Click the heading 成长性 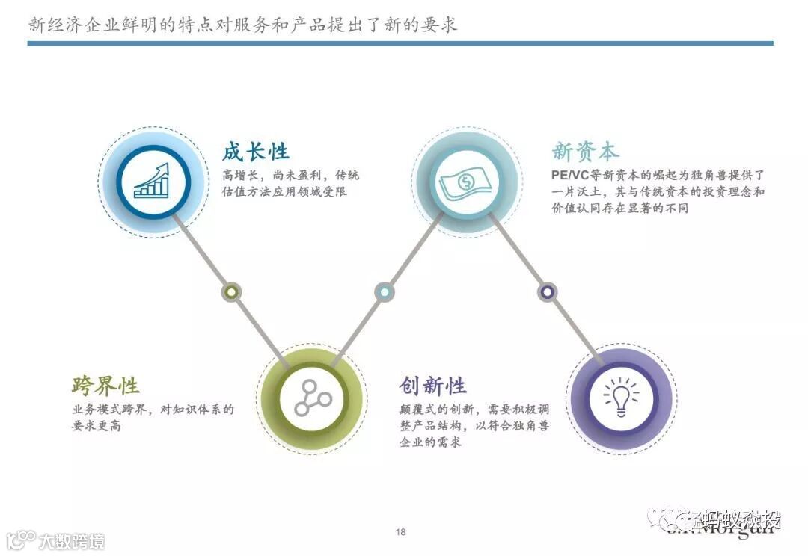[255, 152]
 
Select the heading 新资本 [586, 152]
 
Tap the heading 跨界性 [105, 386]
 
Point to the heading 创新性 [433, 386]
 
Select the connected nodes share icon [312, 396]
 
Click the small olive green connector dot [232, 291]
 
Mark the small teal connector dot [384, 291]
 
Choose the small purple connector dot [548, 291]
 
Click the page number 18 [400, 532]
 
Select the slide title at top [242, 25]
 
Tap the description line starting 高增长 [290, 175]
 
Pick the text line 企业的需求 [430, 442]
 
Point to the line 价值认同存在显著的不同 [619, 208]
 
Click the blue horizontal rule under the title [400, 43]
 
